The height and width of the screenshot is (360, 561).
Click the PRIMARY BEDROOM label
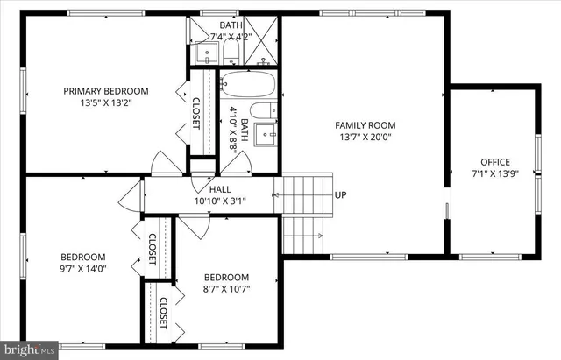tap(105, 90)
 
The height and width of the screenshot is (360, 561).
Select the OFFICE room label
tap(494, 161)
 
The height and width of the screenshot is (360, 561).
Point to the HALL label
tap(220, 189)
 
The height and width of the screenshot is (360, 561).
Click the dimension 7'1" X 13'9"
tap(494, 173)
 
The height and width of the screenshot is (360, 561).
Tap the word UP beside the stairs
tap(340, 195)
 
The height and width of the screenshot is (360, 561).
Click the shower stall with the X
tap(260, 41)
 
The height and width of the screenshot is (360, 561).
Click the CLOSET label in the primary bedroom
tap(196, 113)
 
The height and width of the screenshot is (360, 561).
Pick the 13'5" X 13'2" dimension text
tap(105, 102)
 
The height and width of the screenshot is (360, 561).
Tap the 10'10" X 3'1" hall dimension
tap(220, 201)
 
